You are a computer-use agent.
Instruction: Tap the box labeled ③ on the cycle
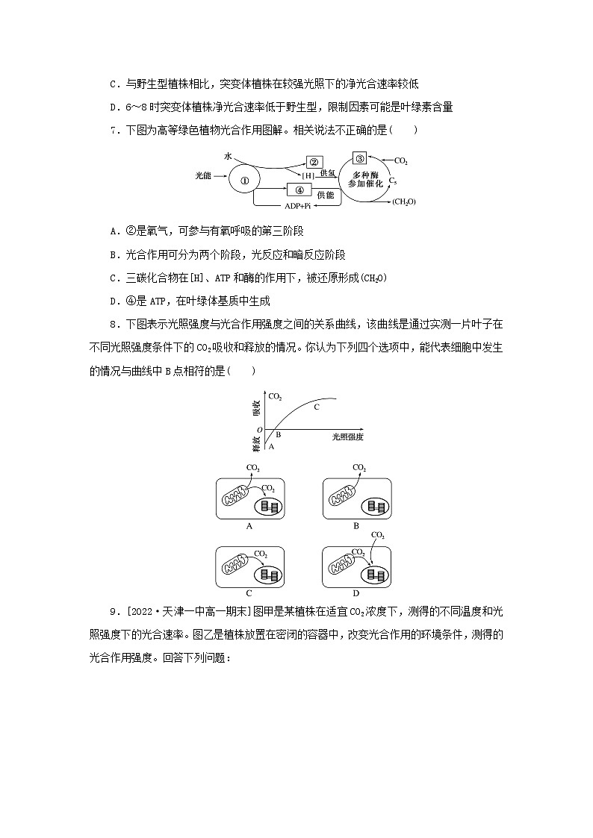point(359,158)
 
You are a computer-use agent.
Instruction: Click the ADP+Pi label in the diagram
point(297,205)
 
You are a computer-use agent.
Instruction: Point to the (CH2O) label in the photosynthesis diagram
point(403,201)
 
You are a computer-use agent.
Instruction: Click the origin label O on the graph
point(259,430)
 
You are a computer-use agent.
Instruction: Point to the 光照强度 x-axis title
point(348,436)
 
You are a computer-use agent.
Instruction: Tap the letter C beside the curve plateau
point(316,407)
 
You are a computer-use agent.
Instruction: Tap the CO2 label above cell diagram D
point(378,535)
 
